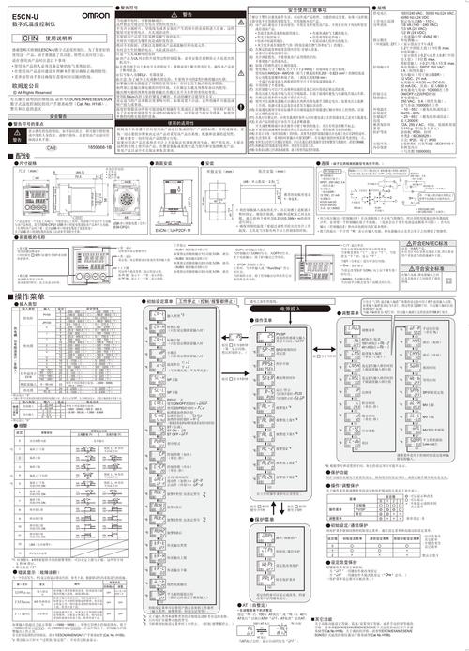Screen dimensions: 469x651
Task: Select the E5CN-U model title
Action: click(x=26, y=16)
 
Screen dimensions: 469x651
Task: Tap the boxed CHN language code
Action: click(x=29, y=37)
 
